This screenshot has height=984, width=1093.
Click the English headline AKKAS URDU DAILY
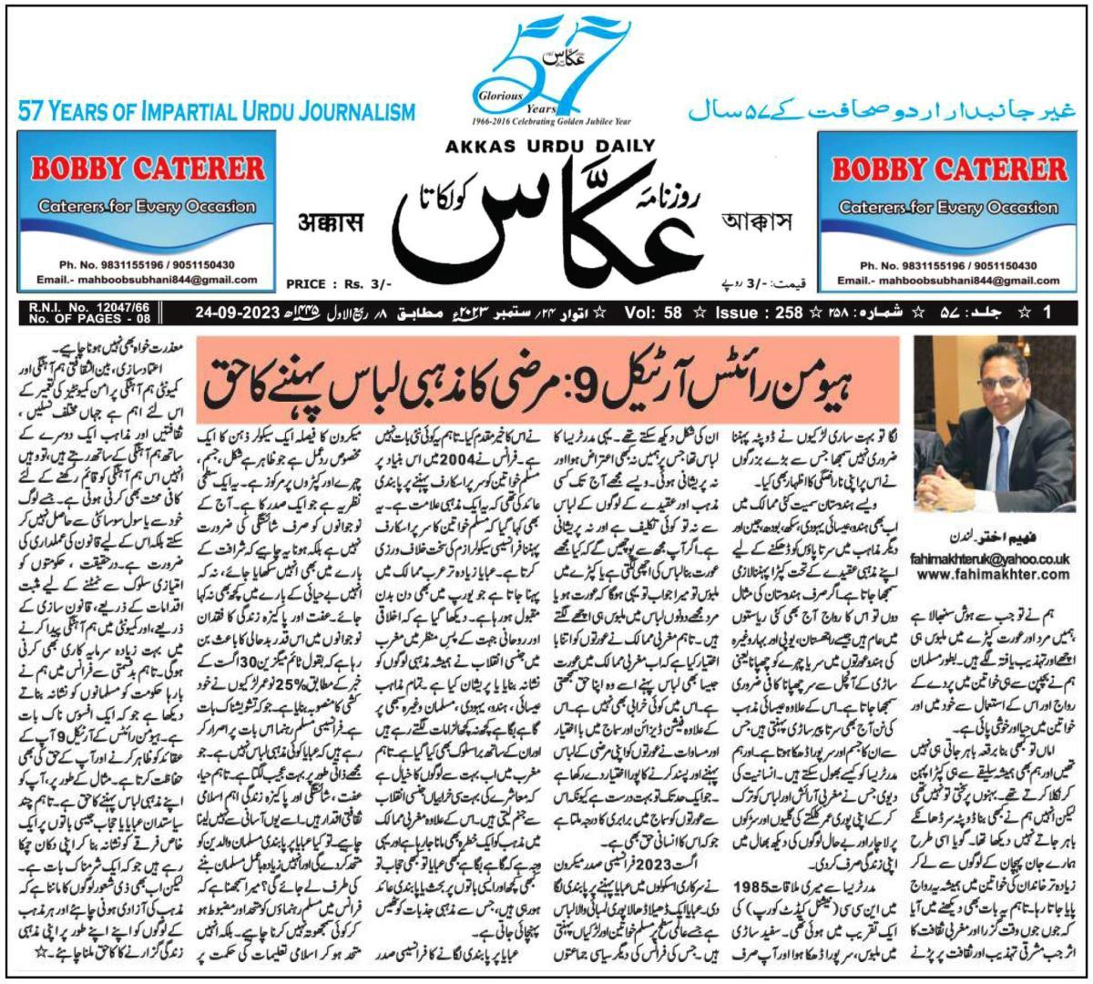pyautogui.click(x=550, y=145)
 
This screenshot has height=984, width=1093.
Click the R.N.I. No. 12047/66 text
pyautogui.click(x=77, y=310)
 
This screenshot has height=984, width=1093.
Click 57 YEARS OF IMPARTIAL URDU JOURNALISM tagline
pyautogui.click(x=216, y=113)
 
